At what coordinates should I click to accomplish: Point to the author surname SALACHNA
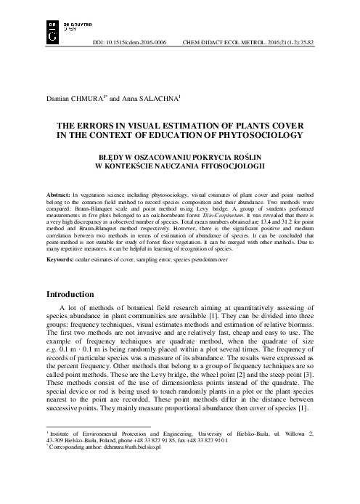pyautogui.click(x=158, y=97)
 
